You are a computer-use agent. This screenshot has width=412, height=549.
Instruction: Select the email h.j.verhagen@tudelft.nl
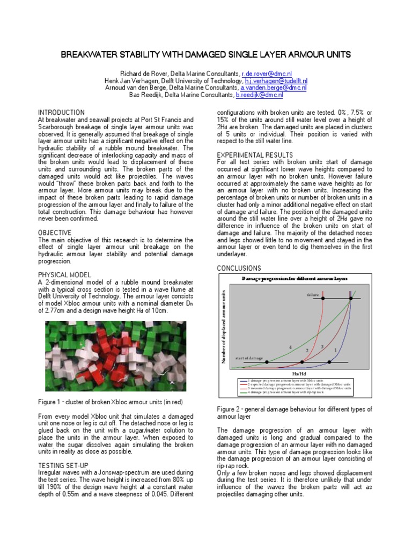275,80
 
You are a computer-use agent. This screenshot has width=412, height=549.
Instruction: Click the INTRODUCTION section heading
62,112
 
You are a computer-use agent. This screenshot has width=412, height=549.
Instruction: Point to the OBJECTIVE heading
55,232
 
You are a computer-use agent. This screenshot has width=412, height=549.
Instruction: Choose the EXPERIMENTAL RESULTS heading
255,154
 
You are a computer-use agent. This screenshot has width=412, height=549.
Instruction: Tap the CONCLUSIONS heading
239,268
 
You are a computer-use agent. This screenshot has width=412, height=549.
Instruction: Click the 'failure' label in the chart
313,295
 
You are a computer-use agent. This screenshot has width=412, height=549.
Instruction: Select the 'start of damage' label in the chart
249,358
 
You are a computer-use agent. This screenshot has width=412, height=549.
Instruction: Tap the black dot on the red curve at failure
323,299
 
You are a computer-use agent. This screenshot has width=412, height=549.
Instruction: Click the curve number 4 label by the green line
290,347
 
